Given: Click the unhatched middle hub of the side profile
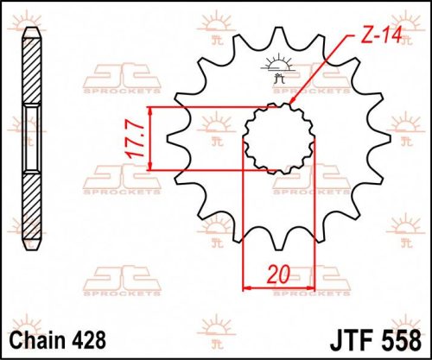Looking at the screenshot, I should (32, 138).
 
